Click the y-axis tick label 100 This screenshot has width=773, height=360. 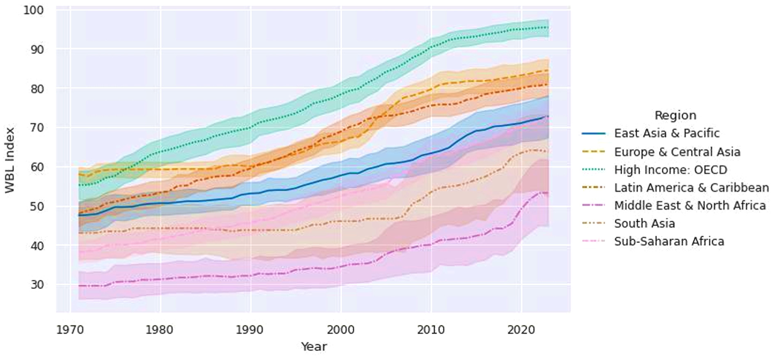pos(33,10)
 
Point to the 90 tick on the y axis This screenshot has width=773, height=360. pos(37,49)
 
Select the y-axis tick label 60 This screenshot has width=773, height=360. pos(37,167)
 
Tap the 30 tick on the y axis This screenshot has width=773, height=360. pos(37,285)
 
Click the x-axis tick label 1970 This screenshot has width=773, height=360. pos(70,330)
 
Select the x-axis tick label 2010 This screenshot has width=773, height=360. pos(431,330)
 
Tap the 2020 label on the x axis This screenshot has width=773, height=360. pos(521,330)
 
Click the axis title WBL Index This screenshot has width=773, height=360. pos(10,160)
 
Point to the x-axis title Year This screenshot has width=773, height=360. pos(314,347)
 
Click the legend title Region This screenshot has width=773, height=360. pos(675,115)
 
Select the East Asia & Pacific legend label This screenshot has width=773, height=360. pos(667,133)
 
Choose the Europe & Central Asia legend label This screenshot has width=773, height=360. pos(677,152)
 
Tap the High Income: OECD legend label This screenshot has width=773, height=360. pos(670,170)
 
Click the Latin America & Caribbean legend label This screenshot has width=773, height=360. pos(691,188)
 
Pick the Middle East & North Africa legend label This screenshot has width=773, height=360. pos(690,206)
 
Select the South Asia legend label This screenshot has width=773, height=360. pos(644,224)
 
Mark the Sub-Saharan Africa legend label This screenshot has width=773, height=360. pos(669,241)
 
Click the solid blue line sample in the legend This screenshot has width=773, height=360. pos(594,133)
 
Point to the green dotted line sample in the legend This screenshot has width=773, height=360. pos(594,170)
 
